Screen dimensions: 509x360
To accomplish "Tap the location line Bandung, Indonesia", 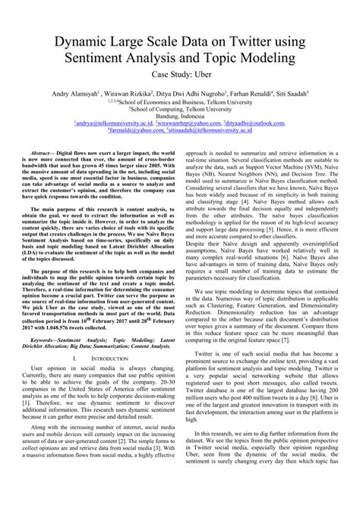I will (179, 115).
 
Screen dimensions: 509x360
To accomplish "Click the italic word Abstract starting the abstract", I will (45, 153).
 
